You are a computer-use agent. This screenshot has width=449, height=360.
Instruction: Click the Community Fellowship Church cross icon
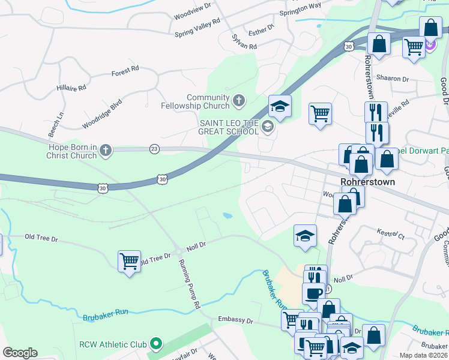pos(239,100)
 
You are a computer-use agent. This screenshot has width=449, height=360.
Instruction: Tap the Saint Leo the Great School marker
pos(268,127)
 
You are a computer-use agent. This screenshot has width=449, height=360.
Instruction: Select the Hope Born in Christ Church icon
pos(106,150)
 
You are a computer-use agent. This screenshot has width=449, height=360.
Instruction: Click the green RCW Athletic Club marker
pos(156,344)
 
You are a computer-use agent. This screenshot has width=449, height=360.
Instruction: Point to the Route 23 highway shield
pos(154,149)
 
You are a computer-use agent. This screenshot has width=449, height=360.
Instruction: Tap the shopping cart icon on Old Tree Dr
pos(129,262)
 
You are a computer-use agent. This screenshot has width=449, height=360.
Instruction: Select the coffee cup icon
pos(313,293)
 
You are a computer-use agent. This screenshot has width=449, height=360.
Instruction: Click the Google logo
pos(20,353)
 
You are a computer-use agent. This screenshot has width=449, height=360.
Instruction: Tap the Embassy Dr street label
pos(235,320)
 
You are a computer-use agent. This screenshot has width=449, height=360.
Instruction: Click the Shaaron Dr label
pos(393,79)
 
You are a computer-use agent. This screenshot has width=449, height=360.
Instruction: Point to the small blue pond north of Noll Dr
pos(228,215)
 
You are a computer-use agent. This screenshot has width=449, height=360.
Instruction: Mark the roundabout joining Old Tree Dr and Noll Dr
pos(178,251)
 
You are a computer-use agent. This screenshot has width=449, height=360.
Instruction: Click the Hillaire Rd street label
pos(71,88)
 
